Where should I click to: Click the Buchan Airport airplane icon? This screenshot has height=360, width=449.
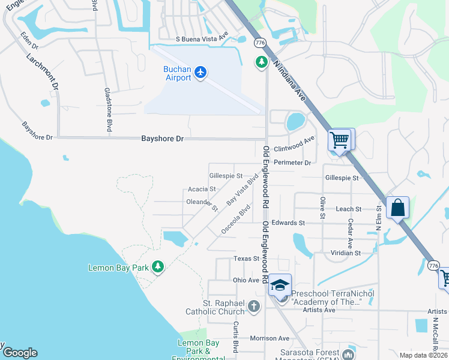[x=200, y=73]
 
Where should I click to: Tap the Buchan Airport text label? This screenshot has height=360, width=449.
[x=177, y=73]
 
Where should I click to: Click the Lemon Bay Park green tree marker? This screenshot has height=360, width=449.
[x=158, y=266]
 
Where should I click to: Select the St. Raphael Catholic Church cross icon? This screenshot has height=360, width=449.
[x=254, y=307]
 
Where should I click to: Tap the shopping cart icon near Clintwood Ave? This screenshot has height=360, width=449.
[x=340, y=140]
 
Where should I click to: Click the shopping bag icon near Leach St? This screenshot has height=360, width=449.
[x=397, y=208]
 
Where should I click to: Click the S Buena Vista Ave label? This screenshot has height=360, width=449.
[x=202, y=38]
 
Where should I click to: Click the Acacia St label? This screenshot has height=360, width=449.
[x=202, y=189]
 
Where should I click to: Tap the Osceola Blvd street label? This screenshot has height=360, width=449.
[x=235, y=220]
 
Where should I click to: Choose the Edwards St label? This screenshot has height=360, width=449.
[x=288, y=223]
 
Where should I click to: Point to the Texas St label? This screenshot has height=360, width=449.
[x=246, y=259]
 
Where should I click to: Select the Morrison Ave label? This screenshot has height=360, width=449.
[x=270, y=338]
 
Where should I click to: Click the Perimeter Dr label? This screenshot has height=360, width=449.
[x=292, y=163]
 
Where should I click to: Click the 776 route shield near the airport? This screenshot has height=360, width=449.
[x=260, y=43]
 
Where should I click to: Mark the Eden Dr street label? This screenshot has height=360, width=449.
[x=29, y=41]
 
